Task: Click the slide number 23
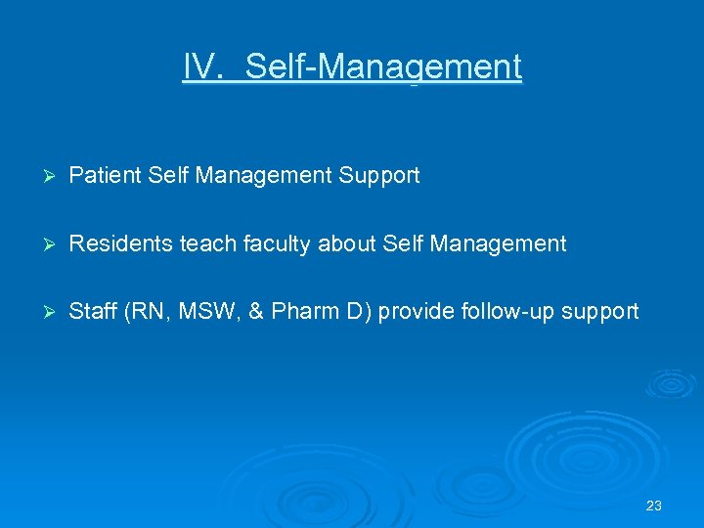[x=654, y=506]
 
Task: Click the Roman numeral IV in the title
[x=201, y=67]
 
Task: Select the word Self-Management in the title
[x=383, y=67]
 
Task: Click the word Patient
[x=107, y=176]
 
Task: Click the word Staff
[x=93, y=312]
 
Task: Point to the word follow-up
[x=504, y=313]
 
